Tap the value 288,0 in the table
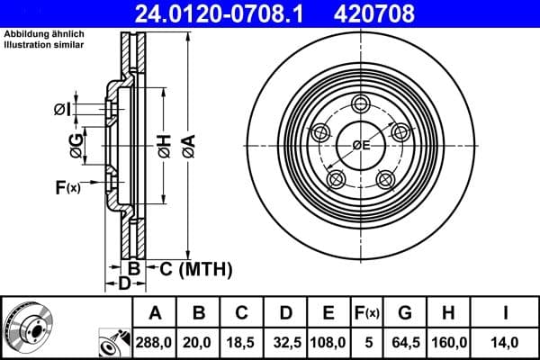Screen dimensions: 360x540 pyautogui.click(x=155, y=342)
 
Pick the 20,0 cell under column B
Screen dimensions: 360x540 pyautogui.click(x=199, y=342)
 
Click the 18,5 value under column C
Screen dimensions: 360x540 pyautogui.click(x=242, y=342)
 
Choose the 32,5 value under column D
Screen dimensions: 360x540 pyautogui.click(x=285, y=342)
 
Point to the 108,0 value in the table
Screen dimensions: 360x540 pyautogui.click(x=328, y=342)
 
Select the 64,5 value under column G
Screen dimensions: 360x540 pyautogui.click(x=405, y=342)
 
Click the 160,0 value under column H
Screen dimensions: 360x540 pyautogui.click(x=447, y=342)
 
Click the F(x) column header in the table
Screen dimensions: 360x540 pyautogui.click(x=367, y=313)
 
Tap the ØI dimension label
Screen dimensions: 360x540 pyautogui.click(x=61, y=109)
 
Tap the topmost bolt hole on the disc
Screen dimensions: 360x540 pyautogui.click(x=362, y=103)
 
